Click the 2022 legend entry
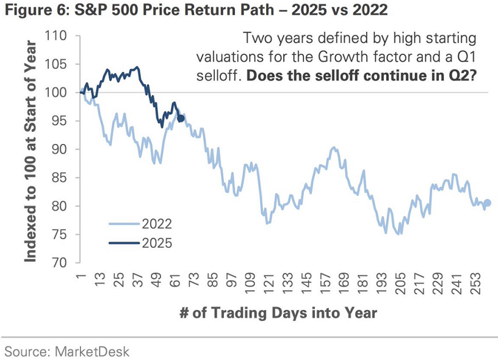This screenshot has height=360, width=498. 156,224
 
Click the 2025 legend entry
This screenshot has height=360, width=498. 156,243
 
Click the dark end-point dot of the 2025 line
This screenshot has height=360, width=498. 181,118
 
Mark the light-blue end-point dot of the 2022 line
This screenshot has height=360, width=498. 487,203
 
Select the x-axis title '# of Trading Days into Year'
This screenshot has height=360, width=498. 278,313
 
